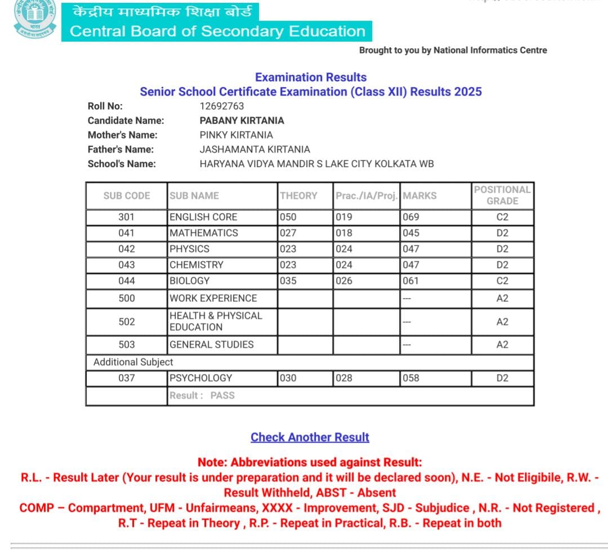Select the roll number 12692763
222,106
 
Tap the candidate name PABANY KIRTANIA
242,120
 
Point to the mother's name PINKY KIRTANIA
236,135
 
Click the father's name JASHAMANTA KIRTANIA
254,150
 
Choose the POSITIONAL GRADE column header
502,195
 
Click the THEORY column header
298,196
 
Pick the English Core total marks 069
411,217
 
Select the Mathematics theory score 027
288,233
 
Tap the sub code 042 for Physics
126,249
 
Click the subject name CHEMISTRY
196,264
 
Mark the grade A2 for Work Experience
502,298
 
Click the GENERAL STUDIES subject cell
211,344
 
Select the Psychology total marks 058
411,378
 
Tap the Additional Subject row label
133,362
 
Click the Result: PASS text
202,395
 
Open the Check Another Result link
310,437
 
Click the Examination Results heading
311,77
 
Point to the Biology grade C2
502,281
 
